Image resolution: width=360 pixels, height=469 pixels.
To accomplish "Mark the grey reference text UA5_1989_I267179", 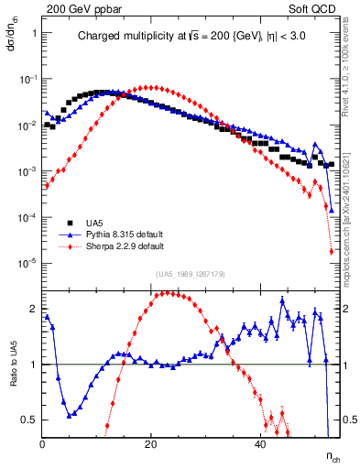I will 191,274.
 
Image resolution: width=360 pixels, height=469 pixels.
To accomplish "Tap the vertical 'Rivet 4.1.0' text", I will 351,82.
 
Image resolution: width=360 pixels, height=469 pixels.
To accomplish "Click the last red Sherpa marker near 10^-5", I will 331,252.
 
